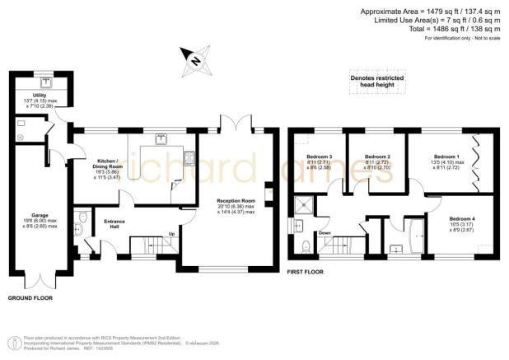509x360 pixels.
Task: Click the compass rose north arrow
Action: pyautogui.click(x=195, y=58)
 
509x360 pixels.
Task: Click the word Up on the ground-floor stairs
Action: pyautogui.click(x=170, y=233)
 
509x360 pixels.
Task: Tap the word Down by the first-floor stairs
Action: pyautogui.click(x=325, y=233)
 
